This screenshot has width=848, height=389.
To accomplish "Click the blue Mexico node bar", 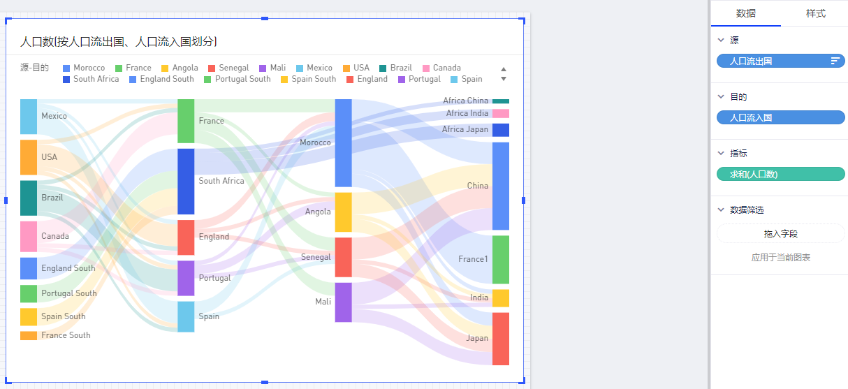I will coord(29,117).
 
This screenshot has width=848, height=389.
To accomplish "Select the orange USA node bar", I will coord(29,157).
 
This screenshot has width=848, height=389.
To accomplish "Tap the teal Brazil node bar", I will coord(29,198).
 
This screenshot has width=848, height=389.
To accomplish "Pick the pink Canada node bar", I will coord(29,236).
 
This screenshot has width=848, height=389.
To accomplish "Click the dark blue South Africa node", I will coord(186,181).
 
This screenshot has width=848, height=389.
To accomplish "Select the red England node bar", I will coord(186,237).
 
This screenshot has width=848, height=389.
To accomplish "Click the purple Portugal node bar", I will coord(186,278).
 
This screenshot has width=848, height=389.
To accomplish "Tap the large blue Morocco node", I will coord(343,143).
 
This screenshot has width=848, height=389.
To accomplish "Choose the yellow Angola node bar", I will coord(343,212).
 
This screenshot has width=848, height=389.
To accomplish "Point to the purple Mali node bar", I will coord(343,302).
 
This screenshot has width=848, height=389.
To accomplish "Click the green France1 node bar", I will coord(501,259).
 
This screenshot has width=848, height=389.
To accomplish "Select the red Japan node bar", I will coord(501,339).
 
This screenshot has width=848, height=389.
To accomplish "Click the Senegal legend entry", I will coord(229,68).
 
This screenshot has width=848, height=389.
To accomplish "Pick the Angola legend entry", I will coord(180,68).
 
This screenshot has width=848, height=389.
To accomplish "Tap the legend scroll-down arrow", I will coord(504,79).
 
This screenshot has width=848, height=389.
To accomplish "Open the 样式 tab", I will coord(815,14).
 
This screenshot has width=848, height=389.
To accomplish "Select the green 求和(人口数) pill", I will coord(781,174).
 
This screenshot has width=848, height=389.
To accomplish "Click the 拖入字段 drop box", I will coord(781,234).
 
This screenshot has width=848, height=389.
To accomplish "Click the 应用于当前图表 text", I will coord(781,258).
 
